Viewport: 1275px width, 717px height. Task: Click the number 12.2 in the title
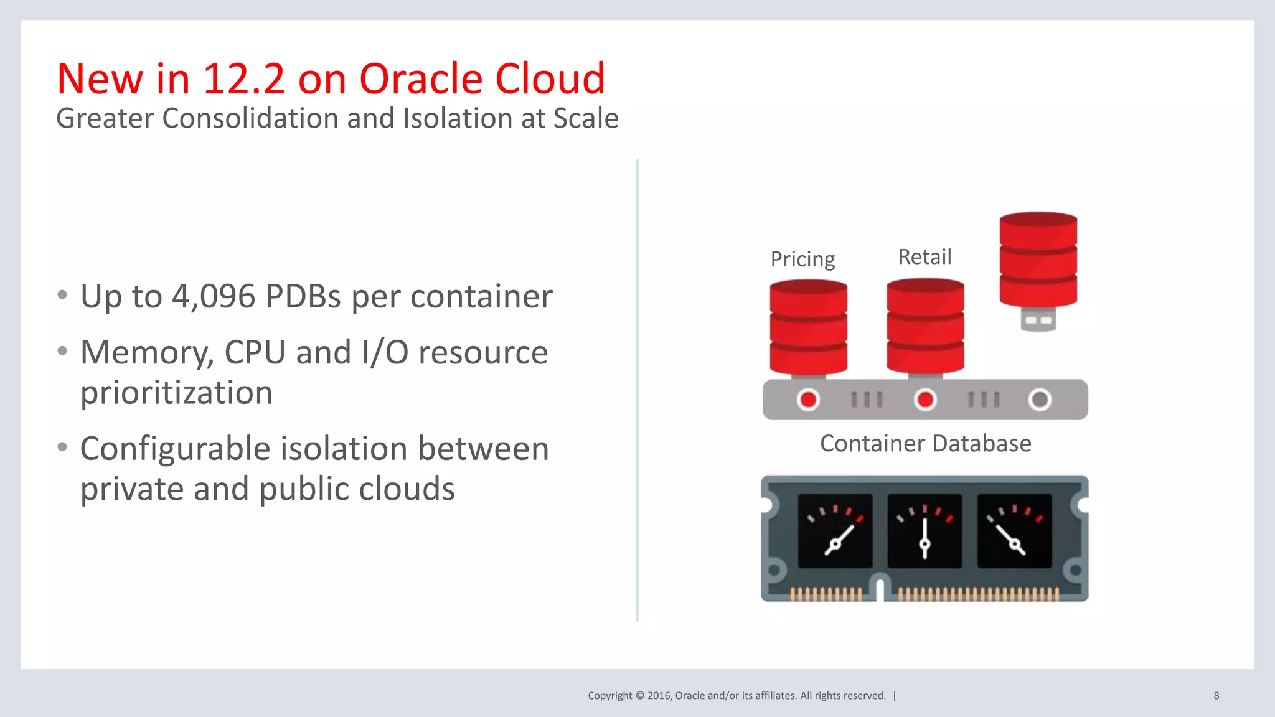click(243, 79)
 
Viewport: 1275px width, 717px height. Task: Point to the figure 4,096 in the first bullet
click(214, 296)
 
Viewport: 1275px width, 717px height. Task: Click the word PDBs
click(303, 296)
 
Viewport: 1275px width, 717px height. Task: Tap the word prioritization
click(177, 393)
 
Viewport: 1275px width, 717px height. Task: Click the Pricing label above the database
click(802, 259)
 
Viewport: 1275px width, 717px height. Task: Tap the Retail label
click(924, 256)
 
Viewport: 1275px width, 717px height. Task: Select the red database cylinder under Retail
click(925, 326)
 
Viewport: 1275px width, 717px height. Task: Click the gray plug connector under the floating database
click(1038, 320)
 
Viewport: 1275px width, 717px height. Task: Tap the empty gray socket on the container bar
click(1040, 400)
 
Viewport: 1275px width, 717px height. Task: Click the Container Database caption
click(925, 444)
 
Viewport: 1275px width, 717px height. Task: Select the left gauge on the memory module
click(835, 531)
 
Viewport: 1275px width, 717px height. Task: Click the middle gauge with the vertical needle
click(924, 531)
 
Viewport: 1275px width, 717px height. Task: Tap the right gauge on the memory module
click(1014, 531)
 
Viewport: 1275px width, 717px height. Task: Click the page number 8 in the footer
click(1216, 696)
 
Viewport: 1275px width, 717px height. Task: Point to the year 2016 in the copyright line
click(658, 696)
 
